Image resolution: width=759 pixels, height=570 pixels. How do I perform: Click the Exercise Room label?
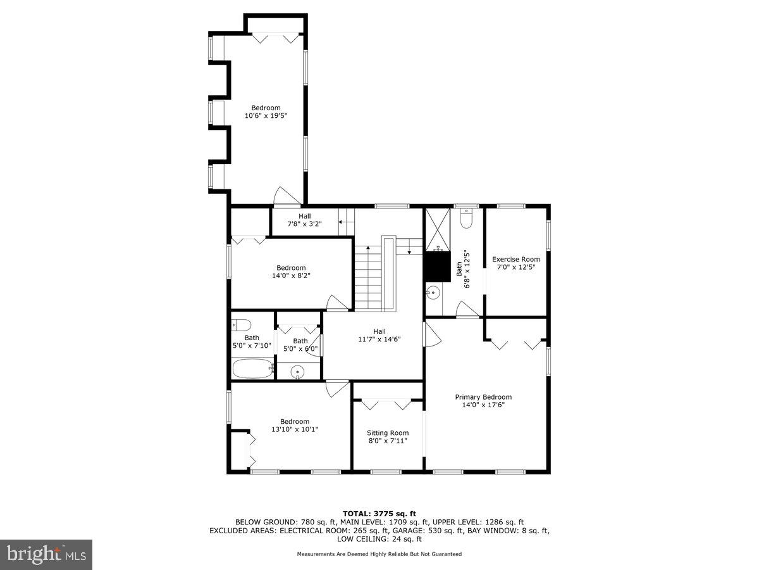point(516,259)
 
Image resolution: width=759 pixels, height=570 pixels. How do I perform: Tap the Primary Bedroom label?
point(483,397)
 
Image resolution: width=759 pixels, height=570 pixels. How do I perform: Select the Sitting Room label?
point(388,433)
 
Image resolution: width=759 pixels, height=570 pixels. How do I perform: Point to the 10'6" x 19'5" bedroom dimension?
point(266,116)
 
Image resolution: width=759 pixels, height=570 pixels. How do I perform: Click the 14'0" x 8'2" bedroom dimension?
point(291,275)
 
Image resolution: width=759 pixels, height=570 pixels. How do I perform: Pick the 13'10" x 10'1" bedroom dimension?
point(295,429)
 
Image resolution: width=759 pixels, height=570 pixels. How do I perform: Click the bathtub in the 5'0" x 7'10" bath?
point(252,367)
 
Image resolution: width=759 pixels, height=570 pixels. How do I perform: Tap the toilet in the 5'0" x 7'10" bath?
point(240,325)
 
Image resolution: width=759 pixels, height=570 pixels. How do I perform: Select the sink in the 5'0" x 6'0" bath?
point(298,372)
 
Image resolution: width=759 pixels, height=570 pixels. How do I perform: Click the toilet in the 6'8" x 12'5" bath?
point(467,218)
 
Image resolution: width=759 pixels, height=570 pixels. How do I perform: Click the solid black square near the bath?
point(435,266)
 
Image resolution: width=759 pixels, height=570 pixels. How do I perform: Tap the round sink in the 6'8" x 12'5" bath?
point(433,293)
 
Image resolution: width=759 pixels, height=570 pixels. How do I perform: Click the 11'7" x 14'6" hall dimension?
point(379,339)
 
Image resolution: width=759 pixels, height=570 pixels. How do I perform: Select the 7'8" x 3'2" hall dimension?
point(305,224)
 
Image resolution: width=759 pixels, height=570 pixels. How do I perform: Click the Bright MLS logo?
point(46,554)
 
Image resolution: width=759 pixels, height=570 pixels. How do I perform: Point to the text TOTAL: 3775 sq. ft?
point(379,514)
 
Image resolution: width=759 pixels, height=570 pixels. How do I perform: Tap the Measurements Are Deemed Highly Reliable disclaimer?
point(379,554)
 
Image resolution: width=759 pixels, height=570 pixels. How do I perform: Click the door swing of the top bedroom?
point(281,197)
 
